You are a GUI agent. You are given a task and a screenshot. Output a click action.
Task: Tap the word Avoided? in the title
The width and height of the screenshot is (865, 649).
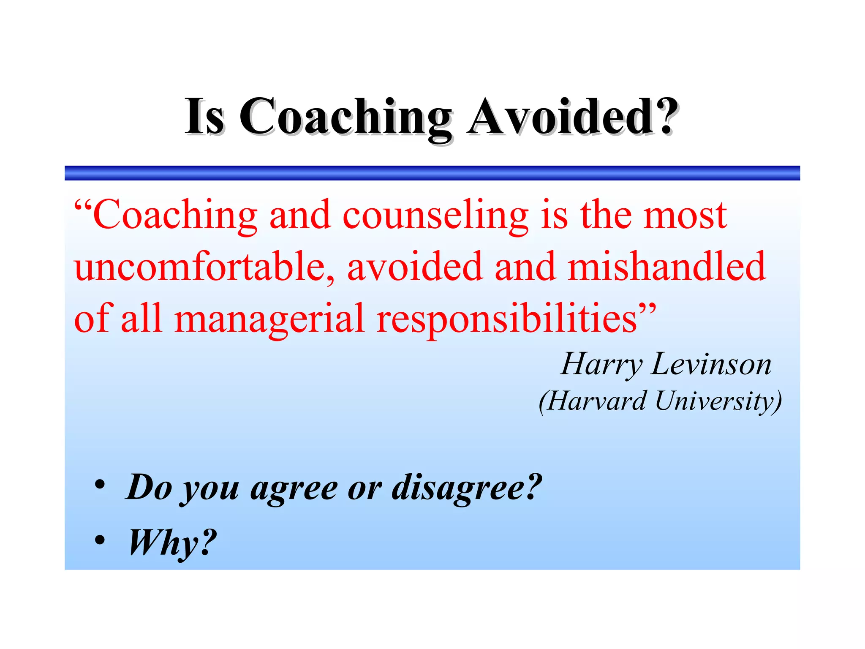pos(572,117)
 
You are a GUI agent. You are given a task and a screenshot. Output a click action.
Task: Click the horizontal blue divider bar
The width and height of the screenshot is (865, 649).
pos(432,173)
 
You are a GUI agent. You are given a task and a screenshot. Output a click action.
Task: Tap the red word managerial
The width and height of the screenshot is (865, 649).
pos(269,318)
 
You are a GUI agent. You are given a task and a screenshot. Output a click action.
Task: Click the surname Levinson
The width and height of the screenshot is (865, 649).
pos(711,364)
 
